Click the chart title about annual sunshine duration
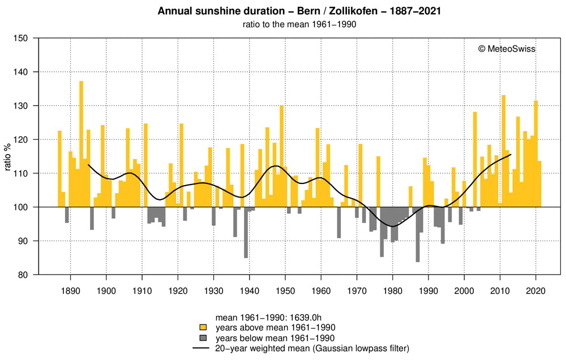coord(282,11)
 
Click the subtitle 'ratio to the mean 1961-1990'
coord(282,24)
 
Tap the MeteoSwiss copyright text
coord(507,49)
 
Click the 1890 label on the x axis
coord(70,291)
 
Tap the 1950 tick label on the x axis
coord(285,291)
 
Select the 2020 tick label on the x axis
coord(535,291)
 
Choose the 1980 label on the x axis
coord(392,291)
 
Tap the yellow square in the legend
coord(201,327)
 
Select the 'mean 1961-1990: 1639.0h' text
coord(263,317)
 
